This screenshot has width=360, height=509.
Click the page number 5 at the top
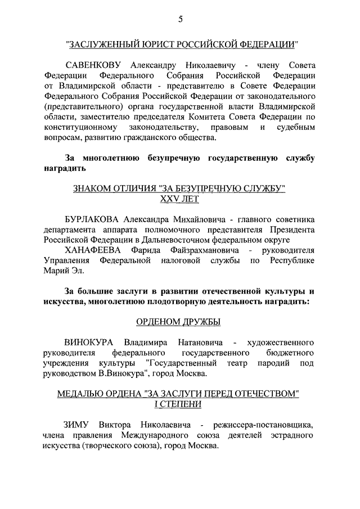coord(180,20)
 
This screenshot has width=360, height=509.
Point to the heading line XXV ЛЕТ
coord(179,199)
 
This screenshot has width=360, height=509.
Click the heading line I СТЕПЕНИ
coord(179,404)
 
